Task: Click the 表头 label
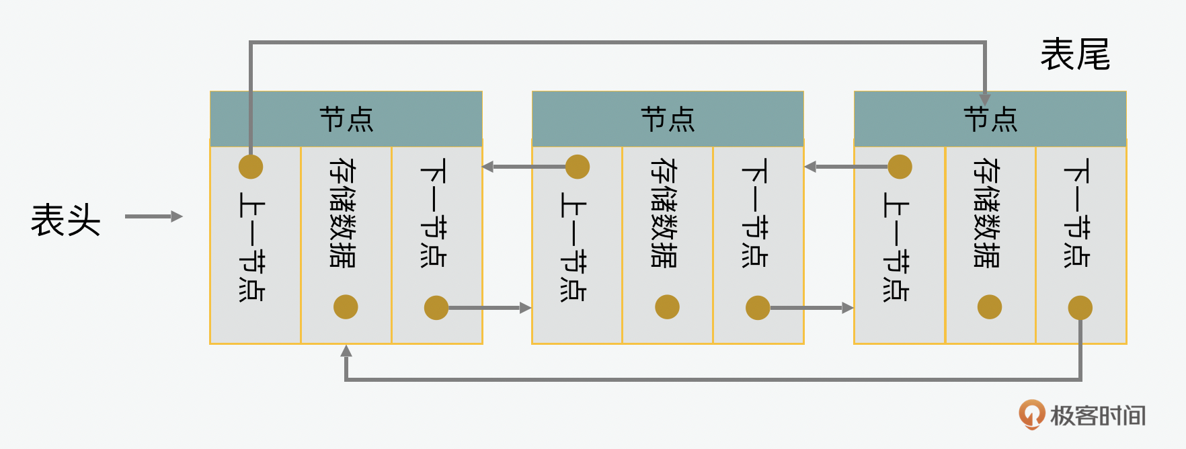[65, 220]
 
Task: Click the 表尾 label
[1075, 54]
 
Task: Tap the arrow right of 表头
[153, 216]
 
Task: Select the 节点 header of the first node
[346, 119]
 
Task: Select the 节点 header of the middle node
[668, 119]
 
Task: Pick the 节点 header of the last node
[990, 119]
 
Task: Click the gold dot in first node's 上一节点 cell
[251, 167]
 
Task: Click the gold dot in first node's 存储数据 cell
[346, 307]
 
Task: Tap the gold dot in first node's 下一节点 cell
[436, 308]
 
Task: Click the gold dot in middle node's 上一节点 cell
[578, 167]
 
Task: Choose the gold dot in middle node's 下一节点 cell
[758, 308]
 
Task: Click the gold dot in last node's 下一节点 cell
[1080, 308]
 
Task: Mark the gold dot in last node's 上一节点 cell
[900, 167]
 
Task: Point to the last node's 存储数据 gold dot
[990, 307]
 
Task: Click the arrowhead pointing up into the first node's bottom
[346, 351]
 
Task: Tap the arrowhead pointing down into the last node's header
[985, 99]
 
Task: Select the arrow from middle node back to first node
[524, 167]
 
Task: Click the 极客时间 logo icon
[1031, 414]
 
